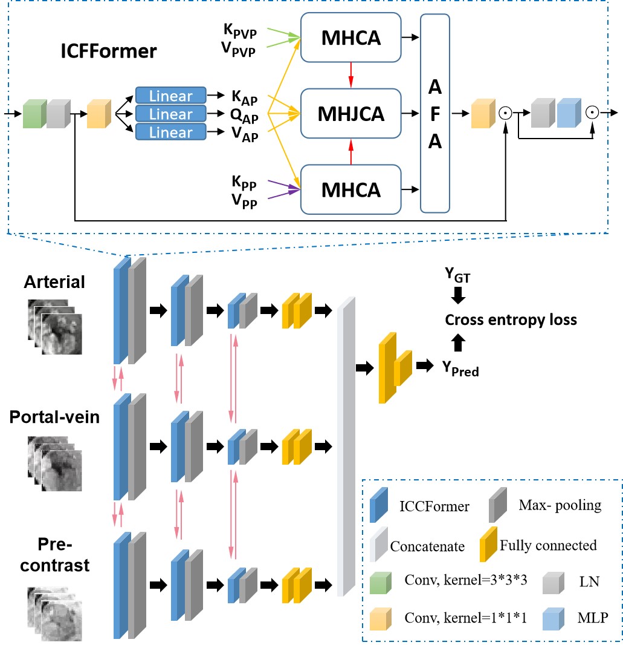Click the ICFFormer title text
[x=109, y=51]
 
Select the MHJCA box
[x=350, y=113]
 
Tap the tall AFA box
[x=435, y=113]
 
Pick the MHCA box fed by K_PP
[x=350, y=189]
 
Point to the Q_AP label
[x=244, y=115]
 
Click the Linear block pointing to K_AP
[x=171, y=96]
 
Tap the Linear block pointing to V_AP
[x=171, y=132]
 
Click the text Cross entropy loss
[x=511, y=319]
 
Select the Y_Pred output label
[x=460, y=368]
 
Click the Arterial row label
[x=55, y=282]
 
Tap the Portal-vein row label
[x=54, y=417]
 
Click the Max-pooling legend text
[x=560, y=505]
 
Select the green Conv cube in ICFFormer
[x=34, y=114]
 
